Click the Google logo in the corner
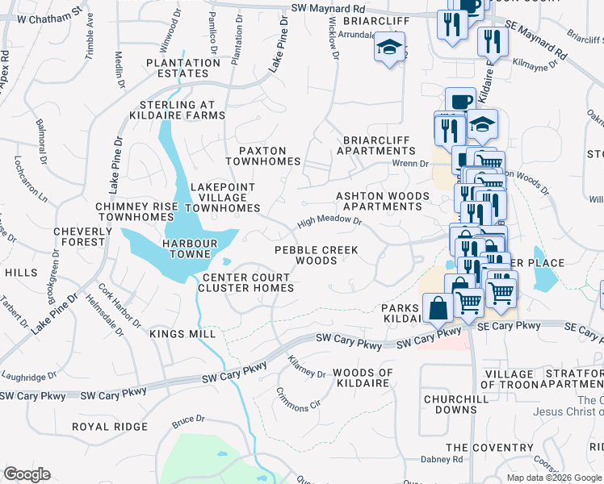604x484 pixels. [x=27, y=474]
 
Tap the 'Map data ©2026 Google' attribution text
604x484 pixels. [x=553, y=478]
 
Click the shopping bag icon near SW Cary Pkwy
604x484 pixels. [x=437, y=308]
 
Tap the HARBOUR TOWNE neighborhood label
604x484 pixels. [x=190, y=248]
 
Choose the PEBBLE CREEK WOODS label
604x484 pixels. [x=316, y=255]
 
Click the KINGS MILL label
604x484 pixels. [x=182, y=333]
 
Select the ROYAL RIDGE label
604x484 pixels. [x=109, y=426]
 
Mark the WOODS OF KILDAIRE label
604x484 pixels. [x=363, y=378]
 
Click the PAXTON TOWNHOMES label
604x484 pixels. [x=262, y=156]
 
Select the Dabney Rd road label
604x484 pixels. [x=443, y=460]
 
